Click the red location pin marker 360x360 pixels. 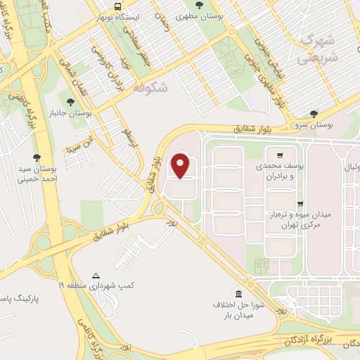[181, 166]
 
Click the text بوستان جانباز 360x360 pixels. [70, 112]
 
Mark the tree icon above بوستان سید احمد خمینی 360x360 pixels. [37, 157]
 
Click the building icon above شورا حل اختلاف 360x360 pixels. [238, 293]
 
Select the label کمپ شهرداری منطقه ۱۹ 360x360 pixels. [94, 286]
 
